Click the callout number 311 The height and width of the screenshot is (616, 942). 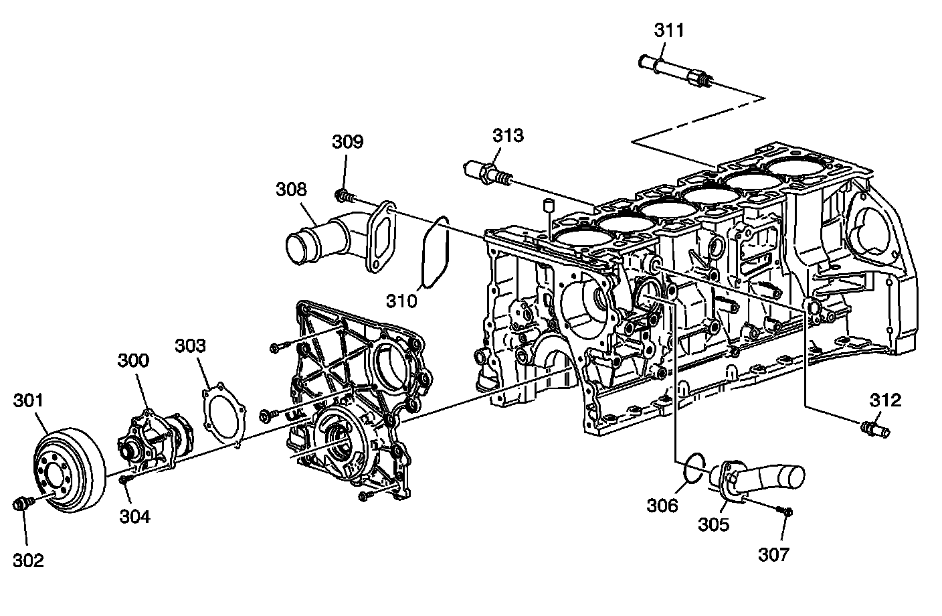tap(669, 30)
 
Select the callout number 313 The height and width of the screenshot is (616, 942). tap(508, 135)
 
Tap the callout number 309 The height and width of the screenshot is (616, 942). tap(348, 141)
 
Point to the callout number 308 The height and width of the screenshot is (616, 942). tap(292, 189)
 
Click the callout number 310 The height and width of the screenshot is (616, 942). tap(401, 301)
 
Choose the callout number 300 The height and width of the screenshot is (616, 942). tap(134, 360)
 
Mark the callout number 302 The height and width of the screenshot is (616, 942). tap(28, 560)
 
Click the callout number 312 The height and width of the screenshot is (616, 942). tap(886, 400)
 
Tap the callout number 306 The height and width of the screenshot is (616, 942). tap(662, 505)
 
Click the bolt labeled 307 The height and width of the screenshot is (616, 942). tap(785, 512)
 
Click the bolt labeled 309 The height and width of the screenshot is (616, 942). tap(343, 196)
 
